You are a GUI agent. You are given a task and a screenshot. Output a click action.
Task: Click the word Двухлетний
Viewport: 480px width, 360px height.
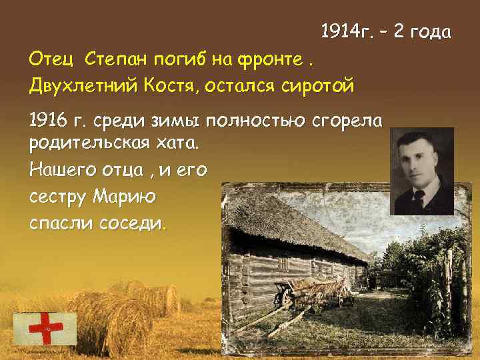[x=81, y=85]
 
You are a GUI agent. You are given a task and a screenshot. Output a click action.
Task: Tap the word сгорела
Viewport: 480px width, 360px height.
[x=347, y=121]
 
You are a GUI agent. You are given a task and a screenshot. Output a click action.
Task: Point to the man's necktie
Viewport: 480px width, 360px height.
[x=419, y=198]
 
